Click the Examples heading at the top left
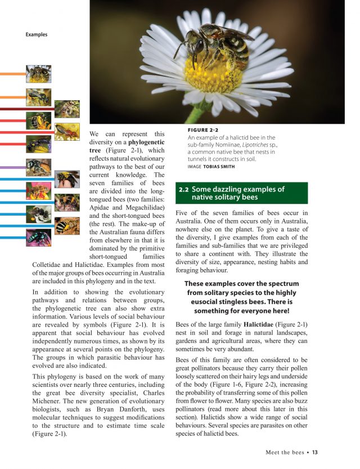[37, 35]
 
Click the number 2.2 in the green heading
[184, 189]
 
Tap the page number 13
[315, 452]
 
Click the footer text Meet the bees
[285, 452]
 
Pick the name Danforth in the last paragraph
[147, 403]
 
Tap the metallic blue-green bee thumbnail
[38, 237]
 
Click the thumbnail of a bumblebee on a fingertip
[67, 179]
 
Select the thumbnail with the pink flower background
[38, 191]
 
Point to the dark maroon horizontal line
[22, 109]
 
